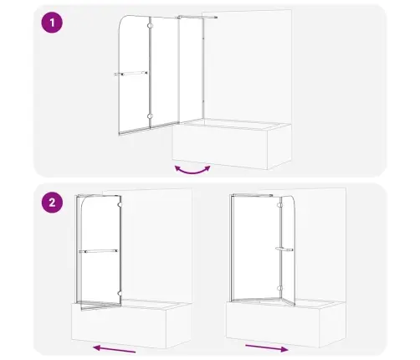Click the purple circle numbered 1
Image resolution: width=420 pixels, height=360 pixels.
52,23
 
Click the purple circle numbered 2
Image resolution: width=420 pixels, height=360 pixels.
52,203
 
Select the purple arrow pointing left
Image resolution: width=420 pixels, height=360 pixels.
115,349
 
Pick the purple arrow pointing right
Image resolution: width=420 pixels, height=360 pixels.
267,348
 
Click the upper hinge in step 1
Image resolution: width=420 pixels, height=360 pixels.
151,26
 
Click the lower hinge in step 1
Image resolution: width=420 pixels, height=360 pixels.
151,116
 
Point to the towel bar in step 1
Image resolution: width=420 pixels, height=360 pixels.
131,74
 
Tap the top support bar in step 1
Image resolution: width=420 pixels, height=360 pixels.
197,18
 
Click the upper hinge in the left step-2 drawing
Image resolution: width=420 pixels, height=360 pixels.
120,204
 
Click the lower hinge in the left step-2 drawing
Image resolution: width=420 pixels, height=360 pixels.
120,294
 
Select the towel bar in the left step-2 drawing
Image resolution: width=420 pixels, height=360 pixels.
99,251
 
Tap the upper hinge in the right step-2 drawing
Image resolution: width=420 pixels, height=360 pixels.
279,205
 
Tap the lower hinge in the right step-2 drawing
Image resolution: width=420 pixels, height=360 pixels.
279,288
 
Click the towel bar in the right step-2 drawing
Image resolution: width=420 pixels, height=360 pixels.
284,249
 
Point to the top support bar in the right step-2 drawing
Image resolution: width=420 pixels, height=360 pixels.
253,195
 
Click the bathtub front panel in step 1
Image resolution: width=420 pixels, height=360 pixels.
220,147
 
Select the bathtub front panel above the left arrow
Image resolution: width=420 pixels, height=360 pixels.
119,326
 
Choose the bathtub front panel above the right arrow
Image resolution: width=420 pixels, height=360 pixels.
273,325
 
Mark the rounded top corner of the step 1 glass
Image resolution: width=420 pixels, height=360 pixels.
122,19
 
